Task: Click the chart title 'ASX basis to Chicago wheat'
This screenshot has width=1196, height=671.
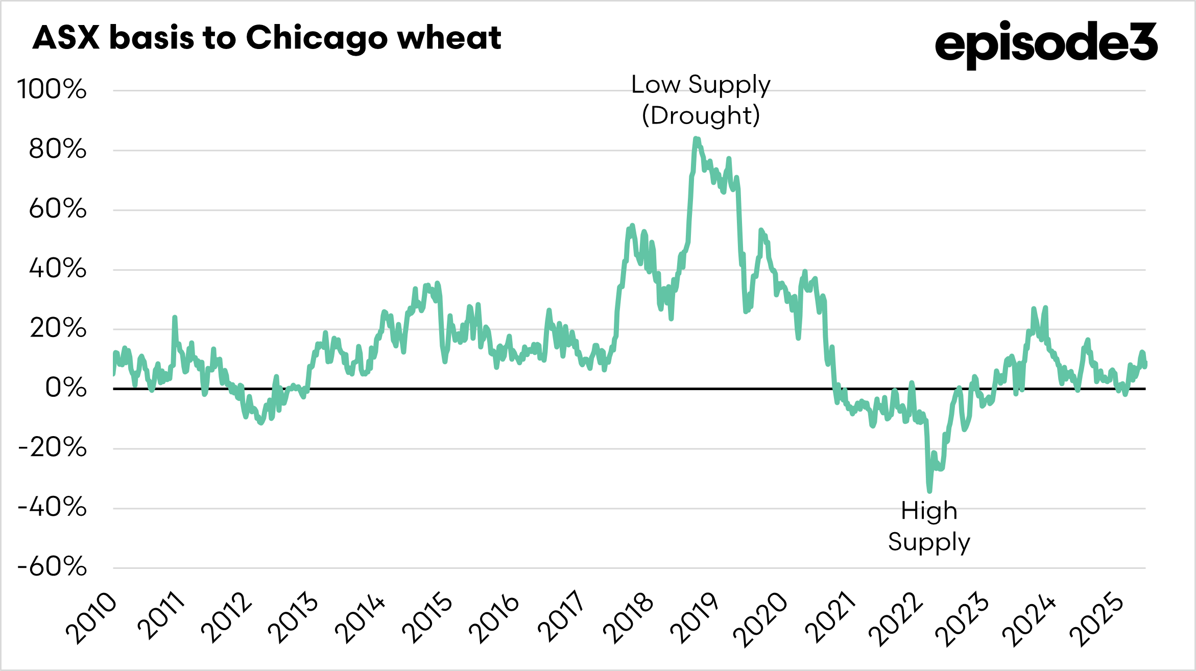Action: tap(267, 38)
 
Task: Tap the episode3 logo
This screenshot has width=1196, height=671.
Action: tap(1045, 43)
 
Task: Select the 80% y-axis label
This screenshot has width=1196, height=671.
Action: tap(57, 150)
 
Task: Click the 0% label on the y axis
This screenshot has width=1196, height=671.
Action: tap(66, 388)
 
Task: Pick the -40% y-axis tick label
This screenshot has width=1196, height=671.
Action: tap(52, 508)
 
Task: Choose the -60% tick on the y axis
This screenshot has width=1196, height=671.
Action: tap(52, 567)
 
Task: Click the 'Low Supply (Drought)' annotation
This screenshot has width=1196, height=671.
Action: tap(701, 100)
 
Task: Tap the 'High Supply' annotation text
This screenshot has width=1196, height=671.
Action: tap(929, 526)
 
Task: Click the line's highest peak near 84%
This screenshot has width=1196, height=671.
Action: tap(696, 138)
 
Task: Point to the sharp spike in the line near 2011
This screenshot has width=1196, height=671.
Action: tap(175, 318)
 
